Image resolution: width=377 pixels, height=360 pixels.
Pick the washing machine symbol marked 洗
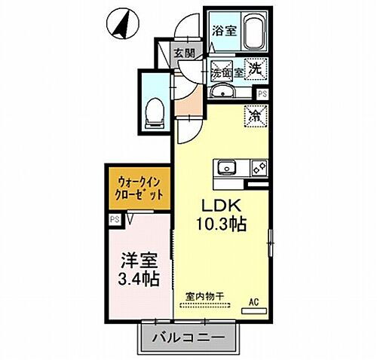pos(255,67)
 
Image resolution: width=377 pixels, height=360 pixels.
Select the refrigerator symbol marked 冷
pos(255,116)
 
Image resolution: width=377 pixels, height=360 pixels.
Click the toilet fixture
pos(155,111)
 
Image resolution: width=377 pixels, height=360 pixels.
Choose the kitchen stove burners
pos(256,166)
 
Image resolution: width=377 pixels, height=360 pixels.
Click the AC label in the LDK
pos(255,304)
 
